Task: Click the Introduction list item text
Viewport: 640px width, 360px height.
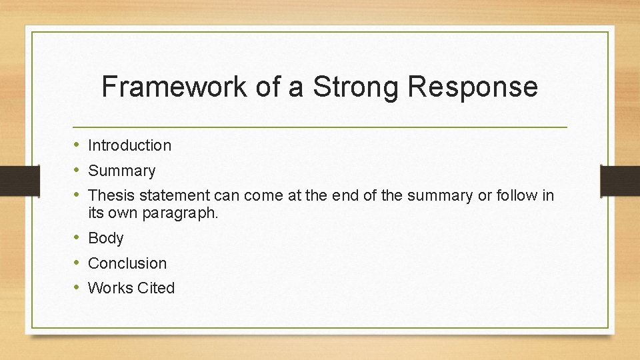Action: tap(129, 145)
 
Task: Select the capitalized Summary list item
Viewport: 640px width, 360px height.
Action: tap(121, 171)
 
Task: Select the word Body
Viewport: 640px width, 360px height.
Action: tap(106, 238)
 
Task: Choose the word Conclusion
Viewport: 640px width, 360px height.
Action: tap(127, 263)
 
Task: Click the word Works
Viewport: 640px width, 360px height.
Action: tap(110, 288)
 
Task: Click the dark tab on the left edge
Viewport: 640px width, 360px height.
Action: tap(19, 180)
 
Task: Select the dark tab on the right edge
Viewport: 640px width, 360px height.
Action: tap(620, 180)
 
